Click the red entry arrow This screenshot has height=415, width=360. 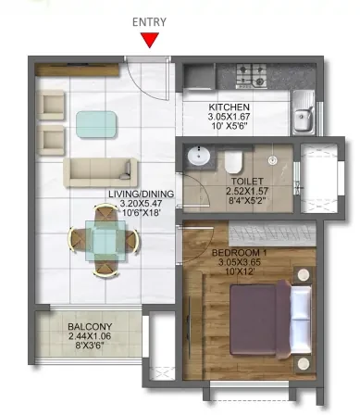[150, 40]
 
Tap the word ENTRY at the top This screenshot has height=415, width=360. [149, 22]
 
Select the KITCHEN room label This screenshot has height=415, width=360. [230, 107]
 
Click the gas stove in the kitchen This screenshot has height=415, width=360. [252, 76]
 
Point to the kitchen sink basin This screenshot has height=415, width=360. [303, 118]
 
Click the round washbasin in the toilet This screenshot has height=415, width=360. [198, 156]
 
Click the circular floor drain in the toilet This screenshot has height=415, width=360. [272, 159]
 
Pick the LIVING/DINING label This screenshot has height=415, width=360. [141, 194]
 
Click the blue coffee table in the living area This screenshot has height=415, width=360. [96, 125]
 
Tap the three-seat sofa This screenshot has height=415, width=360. [101, 172]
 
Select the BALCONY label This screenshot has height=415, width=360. [90, 326]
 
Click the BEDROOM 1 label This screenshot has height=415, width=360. [240, 253]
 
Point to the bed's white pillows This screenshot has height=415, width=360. [301, 320]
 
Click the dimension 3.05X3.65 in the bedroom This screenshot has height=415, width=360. [240, 262]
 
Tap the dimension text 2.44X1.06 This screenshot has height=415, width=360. [90, 336]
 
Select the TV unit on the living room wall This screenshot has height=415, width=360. [77, 69]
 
